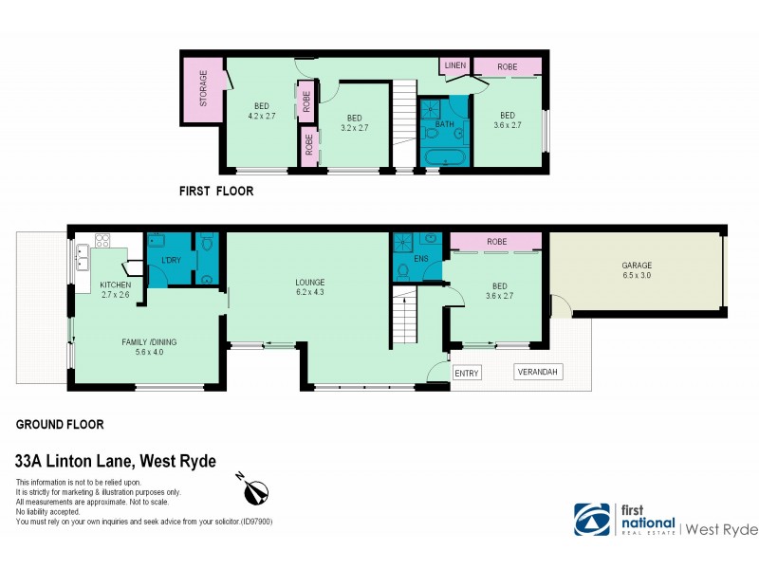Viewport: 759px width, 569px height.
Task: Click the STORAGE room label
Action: click(x=202, y=88)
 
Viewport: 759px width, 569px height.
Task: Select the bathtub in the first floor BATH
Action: click(x=444, y=157)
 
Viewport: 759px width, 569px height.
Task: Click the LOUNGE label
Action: click(x=309, y=282)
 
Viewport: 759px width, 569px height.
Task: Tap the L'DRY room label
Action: click(x=172, y=260)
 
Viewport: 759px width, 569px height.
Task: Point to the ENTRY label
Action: click(x=467, y=374)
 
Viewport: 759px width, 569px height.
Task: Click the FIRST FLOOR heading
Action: click(x=216, y=191)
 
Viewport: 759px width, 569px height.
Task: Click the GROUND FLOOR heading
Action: click(x=60, y=425)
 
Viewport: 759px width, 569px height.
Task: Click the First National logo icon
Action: click(x=592, y=519)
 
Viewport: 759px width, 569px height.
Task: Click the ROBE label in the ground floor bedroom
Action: click(x=497, y=242)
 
